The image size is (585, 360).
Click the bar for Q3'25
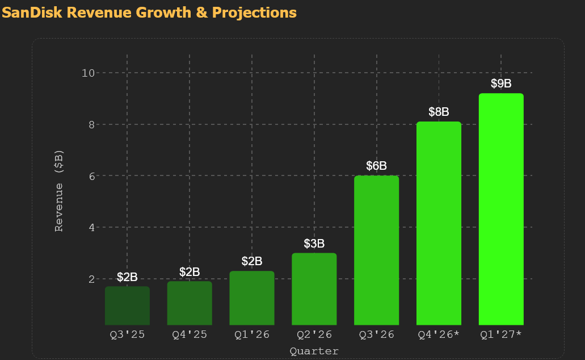pos(127,305)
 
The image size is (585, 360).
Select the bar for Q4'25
pos(190,303)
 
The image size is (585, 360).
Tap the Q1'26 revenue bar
pos(252,298)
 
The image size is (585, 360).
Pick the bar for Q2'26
pos(314,289)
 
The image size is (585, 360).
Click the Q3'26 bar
pos(376,250)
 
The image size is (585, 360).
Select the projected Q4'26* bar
pos(439,223)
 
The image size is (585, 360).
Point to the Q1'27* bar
pos(501,209)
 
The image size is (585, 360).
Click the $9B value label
pos(501,83)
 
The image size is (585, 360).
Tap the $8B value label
pos(439,112)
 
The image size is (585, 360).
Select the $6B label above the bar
pos(376,166)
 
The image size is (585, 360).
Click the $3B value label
pos(314,244)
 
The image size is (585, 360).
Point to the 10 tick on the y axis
pos(89,73)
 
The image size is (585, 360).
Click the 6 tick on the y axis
pos(92,176)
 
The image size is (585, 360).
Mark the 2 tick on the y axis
pos(92,279)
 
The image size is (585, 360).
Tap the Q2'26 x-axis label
pos(314,334)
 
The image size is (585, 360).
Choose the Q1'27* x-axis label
pos(501,334)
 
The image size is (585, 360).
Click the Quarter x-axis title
pos(314,351)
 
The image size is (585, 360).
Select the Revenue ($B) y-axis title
pos(59,191)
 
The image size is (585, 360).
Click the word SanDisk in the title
pos(32,12)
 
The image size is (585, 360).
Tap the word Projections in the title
pos(254,13)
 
